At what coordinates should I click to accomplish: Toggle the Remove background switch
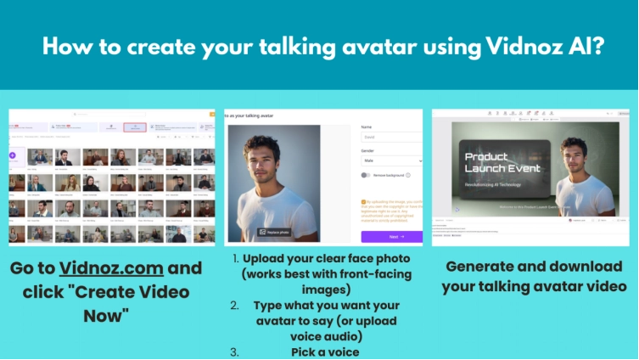point(365,175)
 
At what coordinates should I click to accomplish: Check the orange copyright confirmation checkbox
point(363,202)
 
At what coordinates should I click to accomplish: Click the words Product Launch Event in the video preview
point(486,162)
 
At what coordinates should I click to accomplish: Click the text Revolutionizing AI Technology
point(493,182)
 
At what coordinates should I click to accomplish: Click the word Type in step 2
point(272,305)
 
